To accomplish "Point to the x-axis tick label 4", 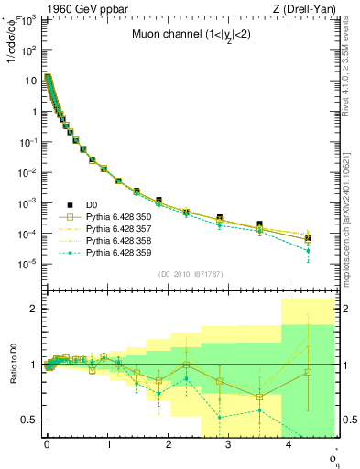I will coord(289,443).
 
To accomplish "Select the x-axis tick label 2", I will coord(168,443).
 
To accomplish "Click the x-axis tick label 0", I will coord(47,443).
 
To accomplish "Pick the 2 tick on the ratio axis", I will coord(33,309).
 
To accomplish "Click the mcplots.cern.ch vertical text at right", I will coord(354,215).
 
